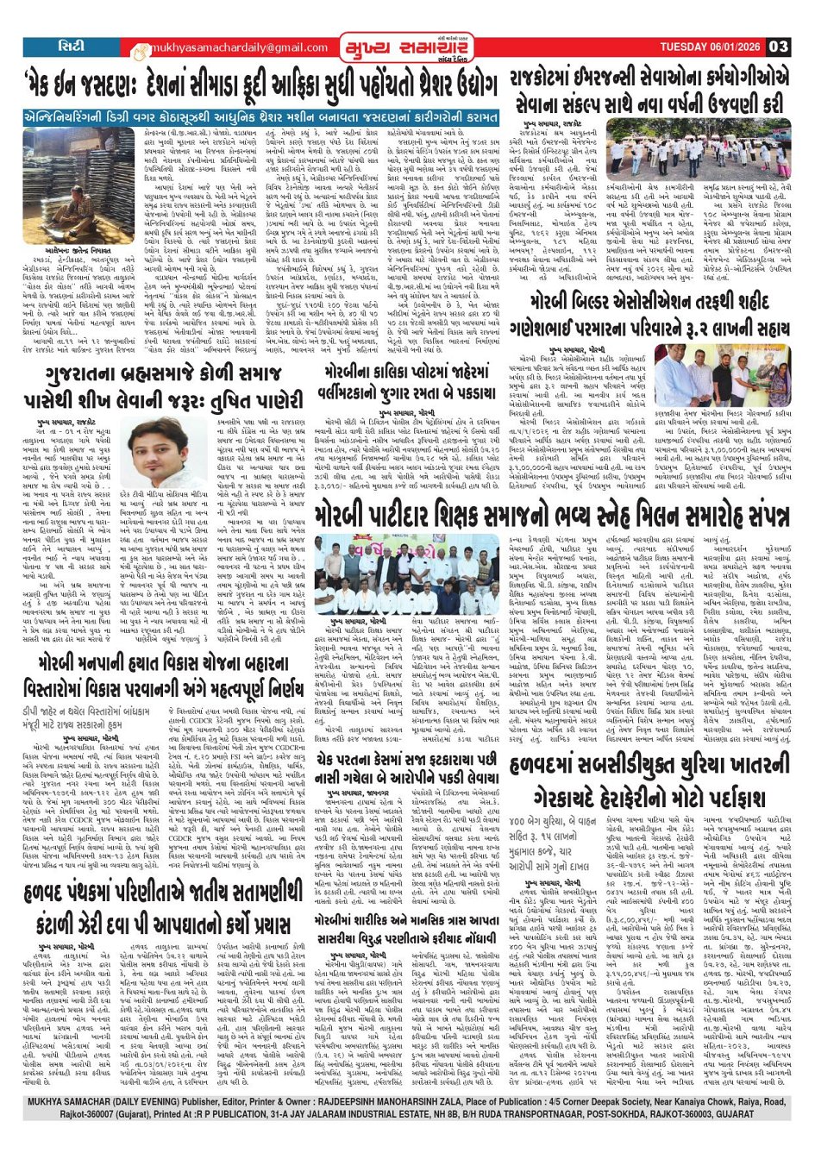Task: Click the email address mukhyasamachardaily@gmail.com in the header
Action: (x=230, y=48)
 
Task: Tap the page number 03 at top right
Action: (x=778, y=47)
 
